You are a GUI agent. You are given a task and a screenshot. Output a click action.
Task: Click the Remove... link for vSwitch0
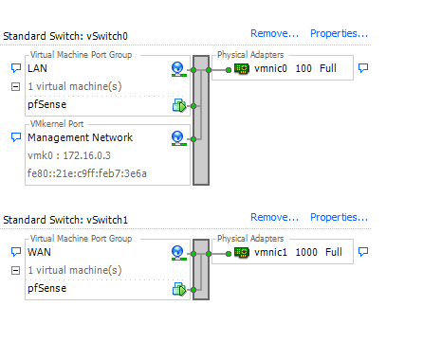[x=275, y=34]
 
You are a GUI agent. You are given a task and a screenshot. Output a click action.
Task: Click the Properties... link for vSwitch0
[x=339, y=34]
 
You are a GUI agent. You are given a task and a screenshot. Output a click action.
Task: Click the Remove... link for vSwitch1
[x=275, y=218]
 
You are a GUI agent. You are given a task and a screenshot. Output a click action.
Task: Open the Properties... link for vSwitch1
[x=339, y=218]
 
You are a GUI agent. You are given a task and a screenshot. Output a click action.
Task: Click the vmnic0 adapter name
[x=272, y=69]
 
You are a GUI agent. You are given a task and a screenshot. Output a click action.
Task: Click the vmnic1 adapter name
[x=272, y=253]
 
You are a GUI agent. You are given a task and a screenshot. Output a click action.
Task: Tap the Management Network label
[x=80, y=138]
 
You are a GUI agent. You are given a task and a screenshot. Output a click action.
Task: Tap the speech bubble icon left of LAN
[x=15, y=69]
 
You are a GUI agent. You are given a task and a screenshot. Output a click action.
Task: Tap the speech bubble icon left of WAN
[x=15, y=253]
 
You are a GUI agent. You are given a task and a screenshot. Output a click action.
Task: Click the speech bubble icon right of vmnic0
[x=362, y=68]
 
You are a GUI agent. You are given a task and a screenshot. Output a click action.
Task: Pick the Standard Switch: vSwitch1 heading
[x=65, y=219]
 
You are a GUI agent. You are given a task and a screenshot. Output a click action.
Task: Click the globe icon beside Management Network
[x=177, y=138]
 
